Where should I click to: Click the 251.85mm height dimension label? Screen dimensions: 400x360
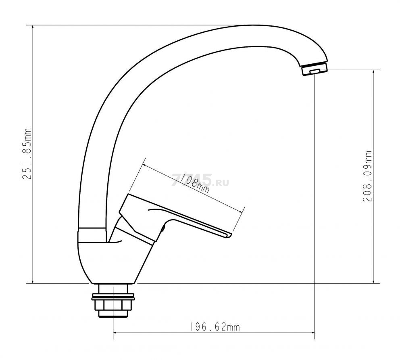tap(27, 154)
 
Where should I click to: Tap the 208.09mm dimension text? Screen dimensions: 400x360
tap(367, 176)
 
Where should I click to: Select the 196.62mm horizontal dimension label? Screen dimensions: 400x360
tap(215, 327)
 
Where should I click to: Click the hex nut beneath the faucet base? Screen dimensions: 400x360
tap(113, 305)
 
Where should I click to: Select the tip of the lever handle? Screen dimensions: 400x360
tap(229, 235)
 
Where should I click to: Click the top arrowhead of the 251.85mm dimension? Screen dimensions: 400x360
tap(33, 27)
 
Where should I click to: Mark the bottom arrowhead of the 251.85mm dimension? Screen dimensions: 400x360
tap(33, 281)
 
